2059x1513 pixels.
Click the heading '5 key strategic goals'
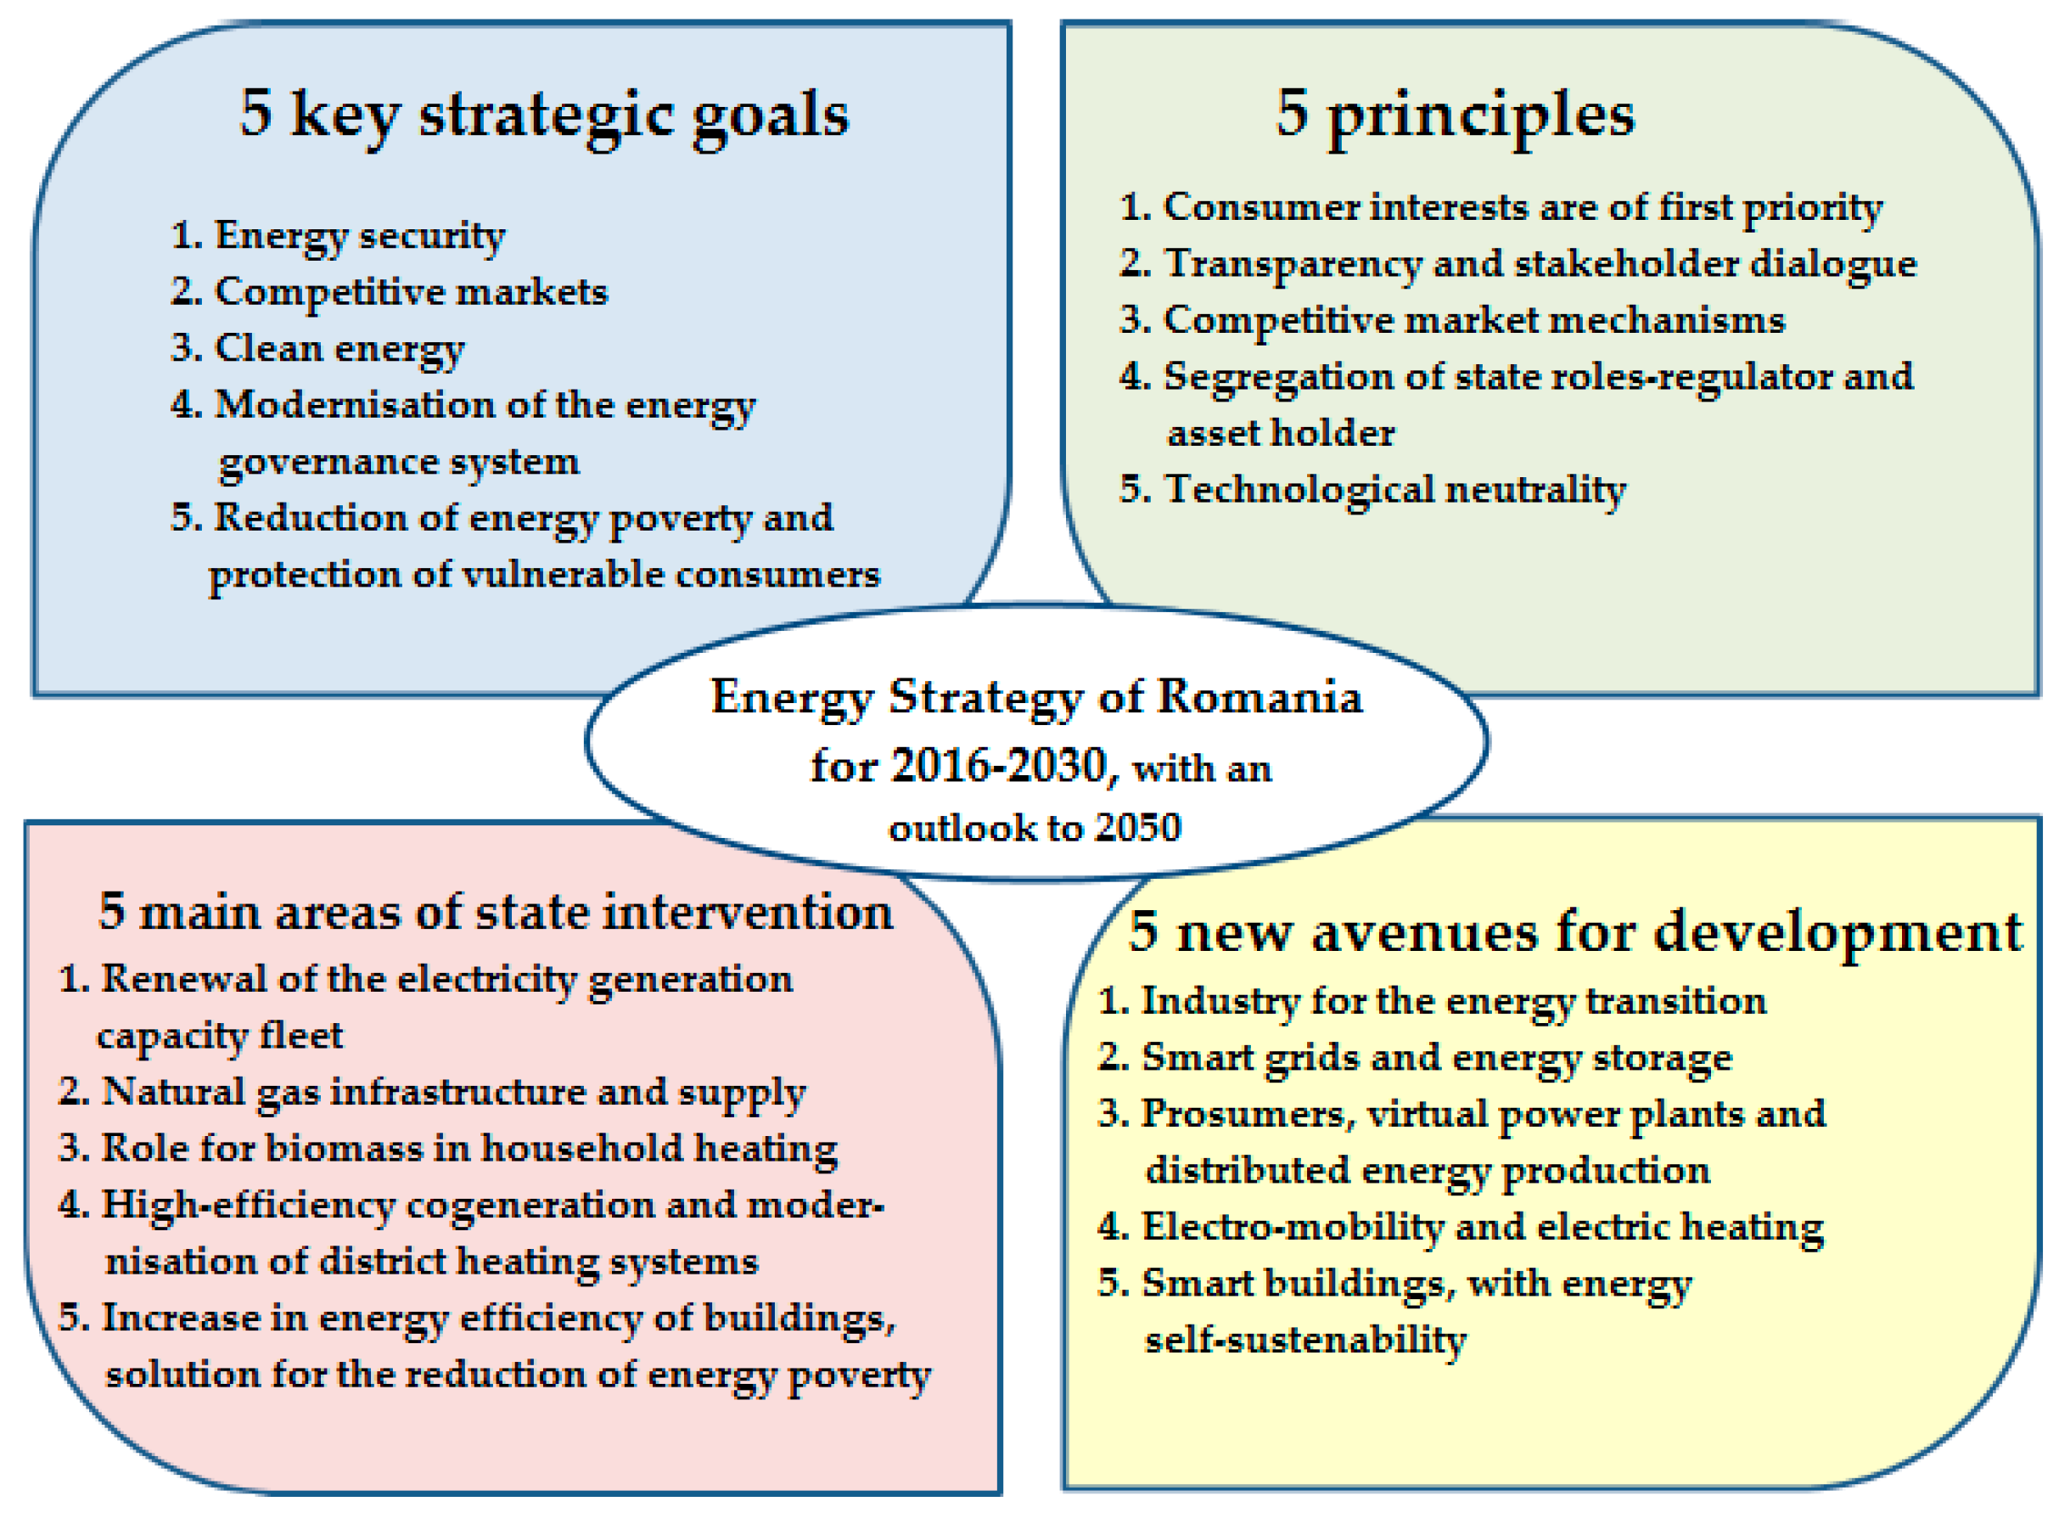point(544,115)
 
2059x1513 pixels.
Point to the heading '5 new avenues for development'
point(1574,931)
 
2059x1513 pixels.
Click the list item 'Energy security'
point(359,236)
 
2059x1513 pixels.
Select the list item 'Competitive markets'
point(410,292)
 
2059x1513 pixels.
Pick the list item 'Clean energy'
point(339,349)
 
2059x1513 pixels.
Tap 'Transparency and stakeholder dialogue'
point(1539,264)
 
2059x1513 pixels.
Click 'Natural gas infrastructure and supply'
point(453,1092)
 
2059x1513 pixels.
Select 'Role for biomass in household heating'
point(468,1149)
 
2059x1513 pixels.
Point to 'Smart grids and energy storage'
point(1436,1058)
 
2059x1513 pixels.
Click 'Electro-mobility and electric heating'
point(1482,1227)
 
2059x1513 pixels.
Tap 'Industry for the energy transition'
point(1454,1001)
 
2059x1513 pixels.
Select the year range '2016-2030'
point(998,766)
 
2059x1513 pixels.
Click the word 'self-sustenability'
point(1305,1340)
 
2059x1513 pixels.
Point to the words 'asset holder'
point(1281,433)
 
